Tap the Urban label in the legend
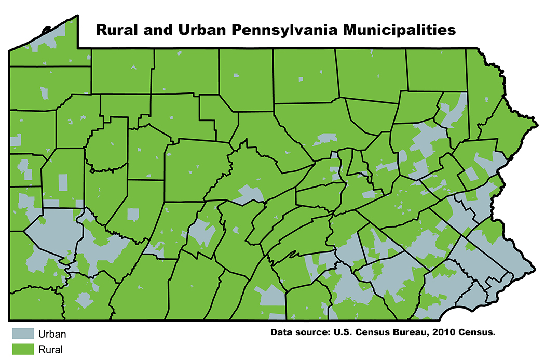(x=52, y=334)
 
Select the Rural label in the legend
(x=50, y=349)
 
